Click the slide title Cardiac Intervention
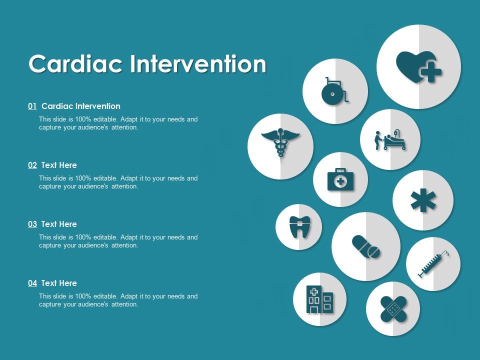pyautogui.click(x=147, y=64)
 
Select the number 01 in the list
pyautogui.click(x=32, y=106)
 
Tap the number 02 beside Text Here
pyautogui.click(x=32, y=165)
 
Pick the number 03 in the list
pyautogui.click(x=32, y=224)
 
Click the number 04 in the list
pyautogui.click(x=32, y=283)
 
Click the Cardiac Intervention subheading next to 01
pyautogui.click(x=81, y=106)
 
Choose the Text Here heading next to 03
pyautogui.click(x=59, y=224)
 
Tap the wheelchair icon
pyautogui.click(x=335, y=91)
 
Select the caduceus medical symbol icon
pyautogui.click(x=280, y=143)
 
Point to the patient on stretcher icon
pyautogui.click(x=390, y=140)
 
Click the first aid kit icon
pyautogui.click(x=340, y=179)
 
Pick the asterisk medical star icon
pyautogui.click(x=423, y=200)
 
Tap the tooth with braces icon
pyautogui.click(x=298, y=227)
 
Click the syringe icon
pyautogui.click(x=433, y=264)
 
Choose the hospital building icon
pyautogui.click(x=319, y=299)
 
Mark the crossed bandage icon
pyautogui.click(x=393, y=308)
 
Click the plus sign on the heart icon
pyautogui.click(x=431, y=73)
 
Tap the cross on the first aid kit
pyautogui.click(x=340, y=181)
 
